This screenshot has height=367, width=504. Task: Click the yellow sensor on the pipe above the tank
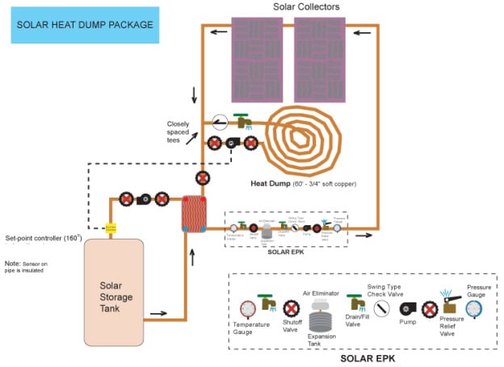pyautogui.click(x=111, y=228)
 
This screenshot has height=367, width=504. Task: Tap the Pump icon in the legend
pyautogui.click(x=405, y=309)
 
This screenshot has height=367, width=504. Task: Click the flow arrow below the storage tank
pyautogui.click(x=160, y=314)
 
